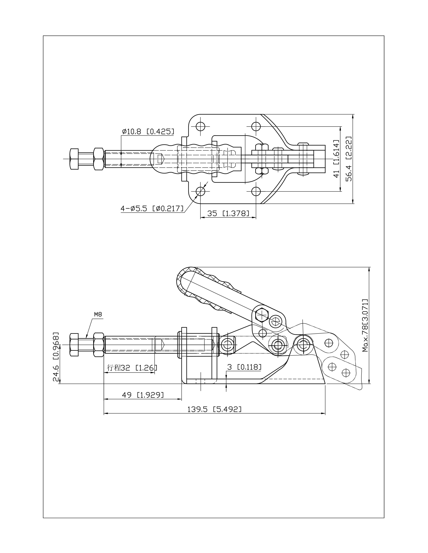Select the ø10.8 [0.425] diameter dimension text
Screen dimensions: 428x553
coord(148,131)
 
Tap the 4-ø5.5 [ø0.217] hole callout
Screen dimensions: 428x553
coord(152,209)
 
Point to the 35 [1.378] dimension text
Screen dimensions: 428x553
coord(228,213)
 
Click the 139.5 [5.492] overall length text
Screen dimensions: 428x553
coord(214,409)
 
